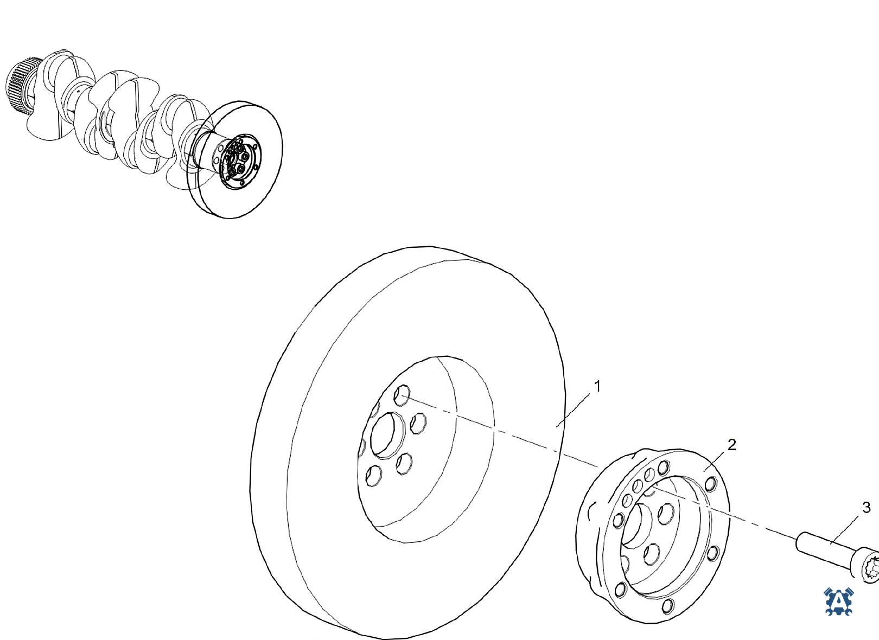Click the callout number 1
click(597, 386)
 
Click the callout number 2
click(731, 445)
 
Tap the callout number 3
click(867, 508)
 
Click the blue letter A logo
click(838, 601)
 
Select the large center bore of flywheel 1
click(388, 435)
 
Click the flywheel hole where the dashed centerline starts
click(402, 395)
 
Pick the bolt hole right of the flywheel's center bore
click(418, 423)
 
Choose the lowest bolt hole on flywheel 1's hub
click(373, 476)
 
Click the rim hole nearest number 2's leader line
click(711, 484)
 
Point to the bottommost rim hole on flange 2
click(667, 606)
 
